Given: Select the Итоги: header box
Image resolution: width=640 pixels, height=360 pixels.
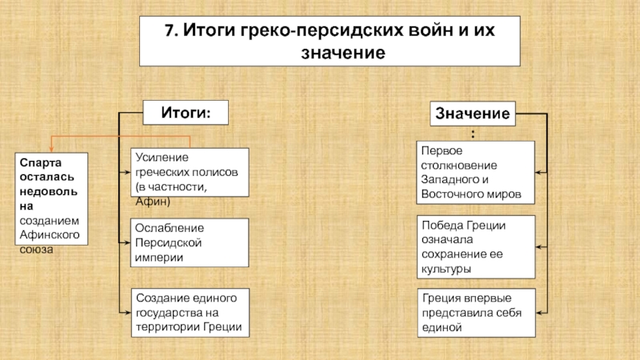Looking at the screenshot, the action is tap(186, 112).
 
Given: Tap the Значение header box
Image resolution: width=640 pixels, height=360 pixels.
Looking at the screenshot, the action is tap(473, 114).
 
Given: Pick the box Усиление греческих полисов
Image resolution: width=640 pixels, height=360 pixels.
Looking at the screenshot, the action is tap(190, 172).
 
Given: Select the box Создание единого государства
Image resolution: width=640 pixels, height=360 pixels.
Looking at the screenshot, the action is tap(190, 312).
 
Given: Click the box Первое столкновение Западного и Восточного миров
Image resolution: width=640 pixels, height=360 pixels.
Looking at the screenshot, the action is tap(475, 172).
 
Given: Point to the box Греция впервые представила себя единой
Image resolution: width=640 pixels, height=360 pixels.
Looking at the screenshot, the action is tap(475, 312).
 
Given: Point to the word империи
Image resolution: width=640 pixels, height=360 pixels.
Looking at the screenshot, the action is tap(159, 258).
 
